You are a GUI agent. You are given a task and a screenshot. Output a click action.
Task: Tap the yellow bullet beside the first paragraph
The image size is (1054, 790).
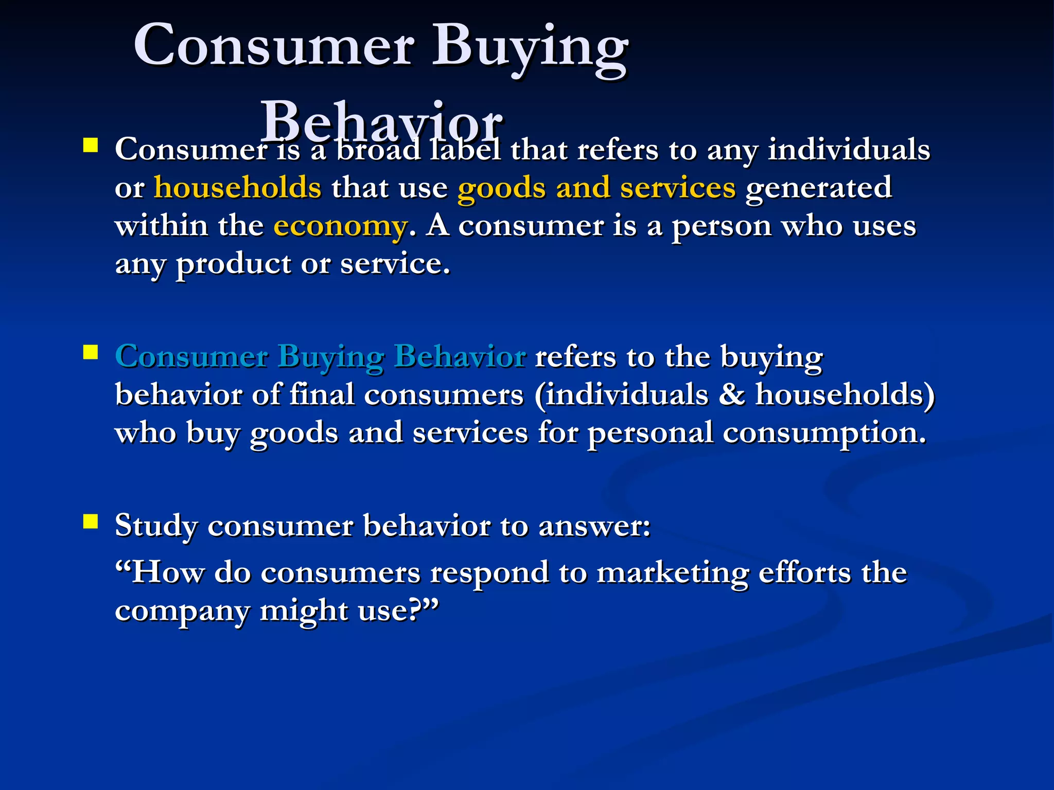91,146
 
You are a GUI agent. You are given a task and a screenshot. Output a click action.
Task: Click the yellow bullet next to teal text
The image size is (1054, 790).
91,352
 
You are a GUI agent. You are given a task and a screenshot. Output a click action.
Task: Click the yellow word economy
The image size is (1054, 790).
340,227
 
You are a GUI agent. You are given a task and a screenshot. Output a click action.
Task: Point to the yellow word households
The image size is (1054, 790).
237,187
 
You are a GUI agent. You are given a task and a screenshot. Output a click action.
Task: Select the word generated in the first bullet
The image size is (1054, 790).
818,188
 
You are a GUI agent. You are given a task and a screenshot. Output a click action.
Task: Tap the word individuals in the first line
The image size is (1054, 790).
849,150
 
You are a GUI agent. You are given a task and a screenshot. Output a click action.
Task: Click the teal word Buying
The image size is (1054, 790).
330,357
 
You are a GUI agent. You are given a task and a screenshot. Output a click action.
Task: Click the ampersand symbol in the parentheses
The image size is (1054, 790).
731,394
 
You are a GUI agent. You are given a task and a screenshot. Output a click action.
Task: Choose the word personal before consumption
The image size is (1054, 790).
650,433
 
